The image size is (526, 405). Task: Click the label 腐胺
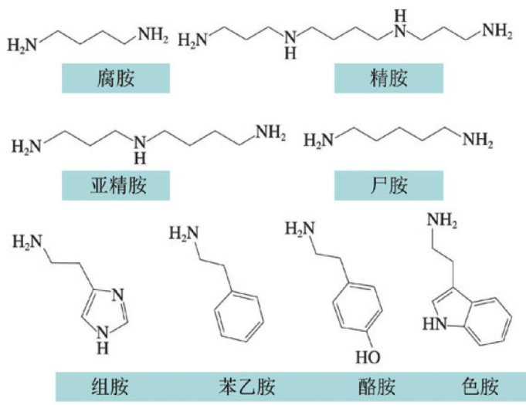pyautogui.click(x=116, y=78)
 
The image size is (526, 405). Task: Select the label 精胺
pyautogui.click(x=389, y=78)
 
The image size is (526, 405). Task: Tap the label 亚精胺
pyautogui.click(x=116, y=185)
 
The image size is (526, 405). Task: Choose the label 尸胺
pyautogui.click(x=389, y=185)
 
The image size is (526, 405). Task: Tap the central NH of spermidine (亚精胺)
pyautogui.click(x=140, y=147)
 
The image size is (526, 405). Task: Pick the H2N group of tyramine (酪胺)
pyautogui.click(x=298, y=228)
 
